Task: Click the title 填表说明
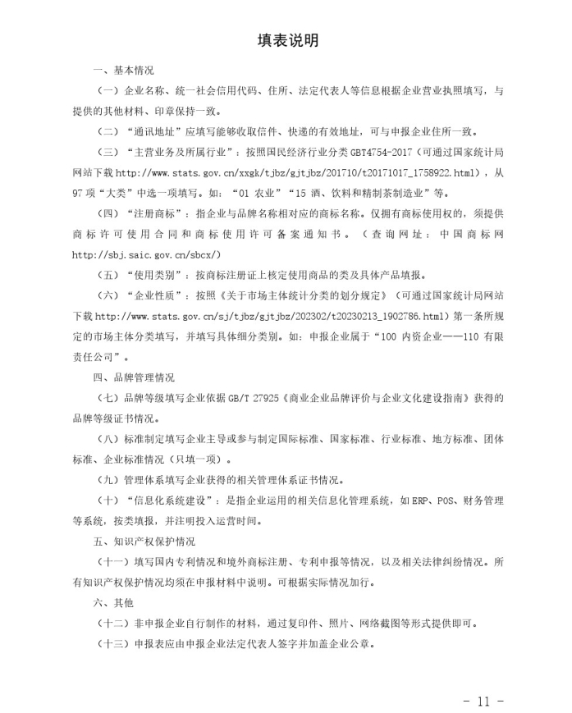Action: (287, 41)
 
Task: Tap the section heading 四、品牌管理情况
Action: (134, 378)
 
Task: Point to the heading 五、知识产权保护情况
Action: (144, 542)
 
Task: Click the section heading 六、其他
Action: (113, 603)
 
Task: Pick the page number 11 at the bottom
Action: (482, 701)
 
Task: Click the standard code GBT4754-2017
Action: (383, 153)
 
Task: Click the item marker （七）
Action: (110, 399)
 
